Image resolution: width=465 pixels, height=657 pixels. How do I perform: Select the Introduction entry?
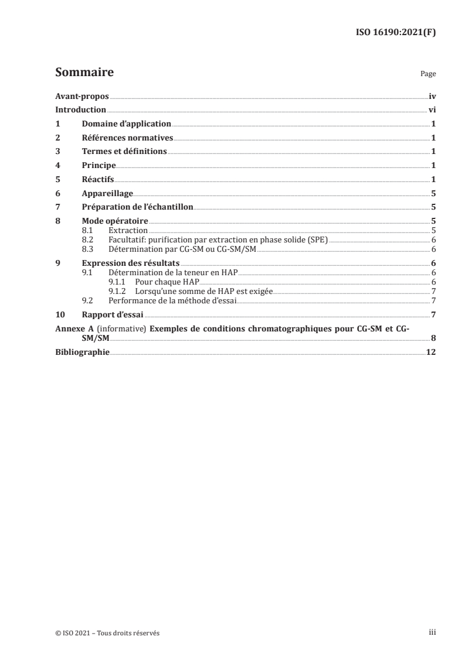tap(80, 110)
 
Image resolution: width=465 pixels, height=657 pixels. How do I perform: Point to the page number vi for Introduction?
tap(432, 110)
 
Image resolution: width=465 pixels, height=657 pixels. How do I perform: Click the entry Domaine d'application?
tap(126, 124)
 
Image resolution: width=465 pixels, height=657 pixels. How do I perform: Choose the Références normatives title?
tap(127, 138)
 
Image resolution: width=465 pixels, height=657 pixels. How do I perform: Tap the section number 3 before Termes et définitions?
tap(57, 152)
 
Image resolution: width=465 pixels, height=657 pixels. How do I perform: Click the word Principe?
tap(99, 166)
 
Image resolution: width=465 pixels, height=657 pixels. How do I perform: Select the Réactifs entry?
tap(98, 179)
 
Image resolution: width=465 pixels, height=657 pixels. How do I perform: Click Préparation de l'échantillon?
tap(137, 207)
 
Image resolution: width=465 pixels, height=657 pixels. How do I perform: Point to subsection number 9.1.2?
tap(117, 290)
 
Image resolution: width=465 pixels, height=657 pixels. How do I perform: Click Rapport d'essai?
tap(113, 314)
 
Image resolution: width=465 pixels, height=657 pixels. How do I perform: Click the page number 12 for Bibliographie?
tap(431, 352)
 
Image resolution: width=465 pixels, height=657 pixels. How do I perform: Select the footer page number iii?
tap(432, 633)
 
